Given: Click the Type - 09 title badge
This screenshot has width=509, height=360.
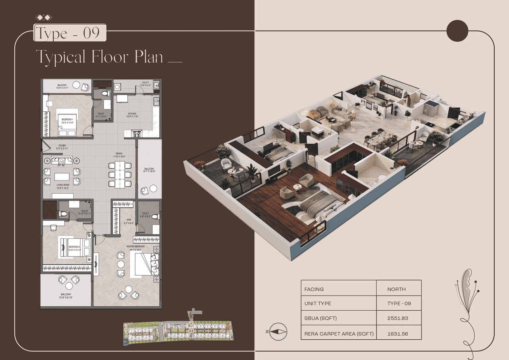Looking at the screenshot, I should click(70, 33).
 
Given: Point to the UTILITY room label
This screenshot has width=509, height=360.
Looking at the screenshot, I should click(145, 83).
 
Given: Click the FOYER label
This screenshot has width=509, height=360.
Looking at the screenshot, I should click(62, 146).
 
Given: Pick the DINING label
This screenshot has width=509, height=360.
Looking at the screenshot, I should click(119, 154).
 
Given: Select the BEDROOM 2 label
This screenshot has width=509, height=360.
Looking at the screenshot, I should click(74, 247).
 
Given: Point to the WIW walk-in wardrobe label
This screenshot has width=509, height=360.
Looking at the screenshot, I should click(128, 220).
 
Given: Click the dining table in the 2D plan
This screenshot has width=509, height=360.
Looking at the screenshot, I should click(120, 174).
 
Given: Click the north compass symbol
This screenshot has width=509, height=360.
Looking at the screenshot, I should click(278, 331).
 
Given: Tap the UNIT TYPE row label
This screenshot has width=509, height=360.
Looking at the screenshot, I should click(317, 304).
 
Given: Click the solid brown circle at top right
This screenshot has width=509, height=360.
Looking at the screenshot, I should click(457, 31).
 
